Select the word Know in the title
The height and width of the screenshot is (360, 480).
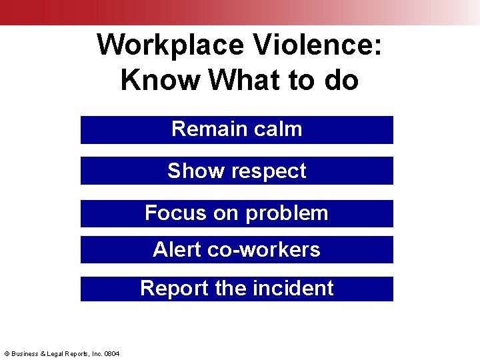[x=161, y=81]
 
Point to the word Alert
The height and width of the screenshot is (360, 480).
[x=177, y=249]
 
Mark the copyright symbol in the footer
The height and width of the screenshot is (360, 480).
[x=6, y=353]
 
